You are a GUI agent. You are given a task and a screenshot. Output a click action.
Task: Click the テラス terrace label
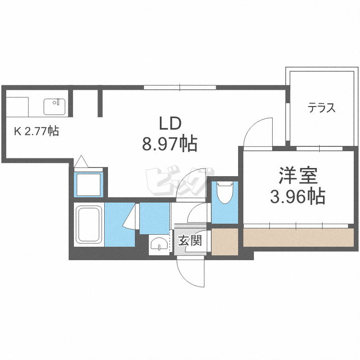pos(322,108)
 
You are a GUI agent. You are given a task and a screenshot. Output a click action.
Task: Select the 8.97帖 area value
pos(169,144)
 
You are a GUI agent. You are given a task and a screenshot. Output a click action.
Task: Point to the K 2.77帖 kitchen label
pos(36,131)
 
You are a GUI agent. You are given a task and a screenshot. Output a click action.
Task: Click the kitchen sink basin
pos(54,107)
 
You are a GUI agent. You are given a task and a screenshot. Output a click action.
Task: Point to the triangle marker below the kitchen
pos(81,161)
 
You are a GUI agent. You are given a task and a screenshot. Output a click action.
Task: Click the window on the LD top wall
pos(180,87)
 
